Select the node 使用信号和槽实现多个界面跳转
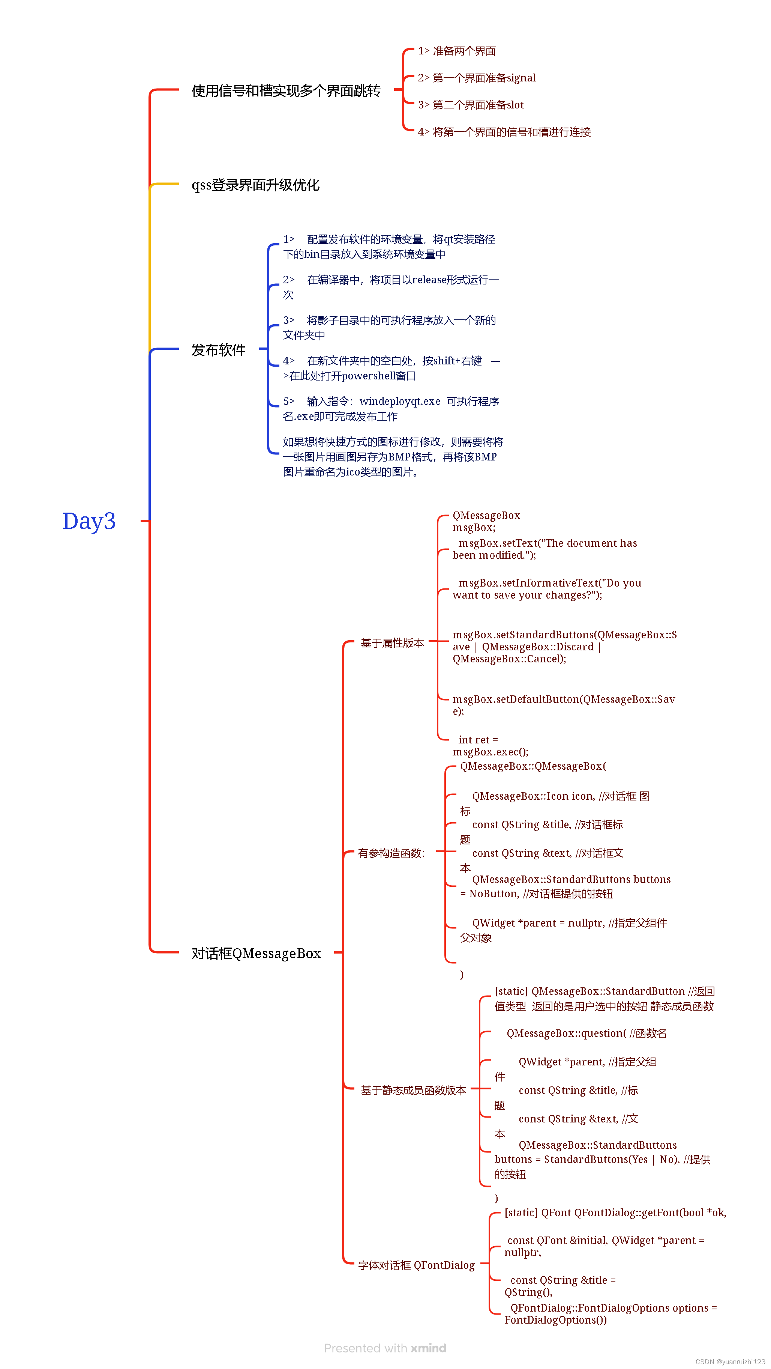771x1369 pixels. [x=286, y=91]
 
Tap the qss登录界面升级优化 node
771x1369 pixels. [x=255, y=185]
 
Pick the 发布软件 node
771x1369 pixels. [x=218, y=350]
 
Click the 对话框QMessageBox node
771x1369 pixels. [x=256, y=954]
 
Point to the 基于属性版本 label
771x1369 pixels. [x=392, y=643]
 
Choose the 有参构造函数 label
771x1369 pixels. [x=391, y=853]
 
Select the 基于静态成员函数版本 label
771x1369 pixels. [x=413, y=1090]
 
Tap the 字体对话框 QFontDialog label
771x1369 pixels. [x=416, y=1265]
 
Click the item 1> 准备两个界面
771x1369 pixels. [x=457, y=51]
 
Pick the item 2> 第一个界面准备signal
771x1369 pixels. [x=476, y=78]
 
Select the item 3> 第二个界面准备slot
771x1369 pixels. [x=471, y=105]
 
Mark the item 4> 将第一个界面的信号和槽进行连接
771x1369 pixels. [x=504, y=132]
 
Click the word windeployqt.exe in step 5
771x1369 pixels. [x=400, y=401]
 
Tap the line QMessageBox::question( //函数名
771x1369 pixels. [x=586, y=1033]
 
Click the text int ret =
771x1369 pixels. [x=478, y=740]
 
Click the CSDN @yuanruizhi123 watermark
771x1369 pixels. [x=730, y=1361]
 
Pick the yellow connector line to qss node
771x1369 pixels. [x=150, y=266]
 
